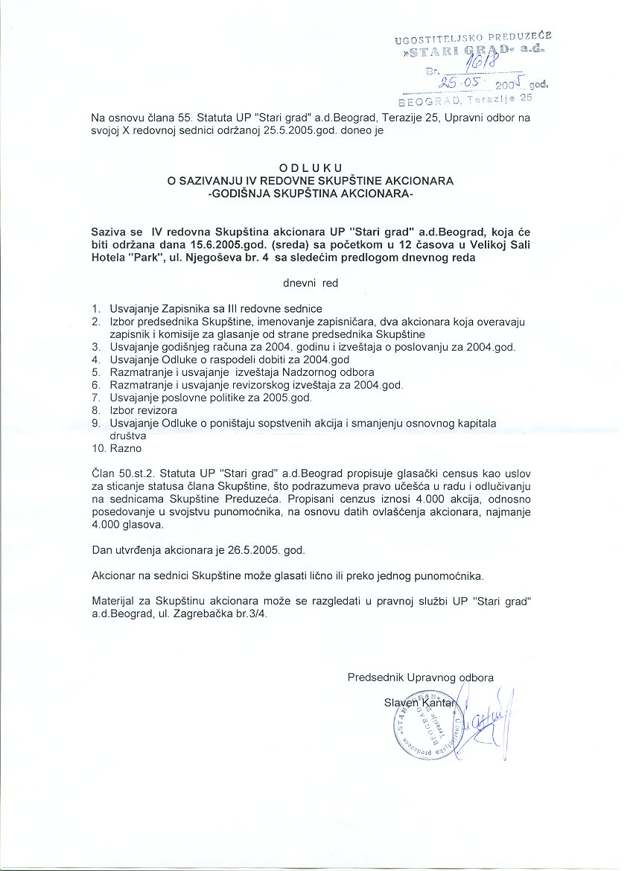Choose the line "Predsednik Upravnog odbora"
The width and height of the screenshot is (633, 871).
point(420,677)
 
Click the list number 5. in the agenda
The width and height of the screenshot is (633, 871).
point(96,371)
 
